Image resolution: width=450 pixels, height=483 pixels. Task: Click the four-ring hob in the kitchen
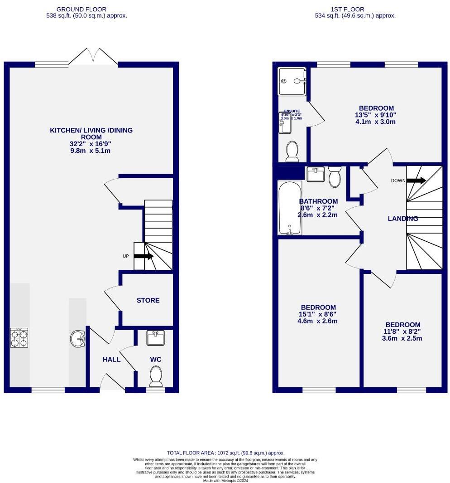click(x=19, y=337)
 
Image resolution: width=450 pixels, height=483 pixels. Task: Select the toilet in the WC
click(x=156, y=376)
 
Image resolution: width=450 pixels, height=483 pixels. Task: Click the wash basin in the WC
click(x=156, y=338)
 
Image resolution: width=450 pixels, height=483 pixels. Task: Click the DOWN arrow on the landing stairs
click(x=416, y=181)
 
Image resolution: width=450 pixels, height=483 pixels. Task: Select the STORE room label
click(x=148, y=300)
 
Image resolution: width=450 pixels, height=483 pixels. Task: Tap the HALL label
click(x=111, y=360)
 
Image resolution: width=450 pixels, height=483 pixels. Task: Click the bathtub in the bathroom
click(x=289, y=208)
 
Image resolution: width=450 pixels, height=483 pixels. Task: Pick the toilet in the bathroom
click(x=335, y=177)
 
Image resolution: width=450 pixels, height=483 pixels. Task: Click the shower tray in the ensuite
click(x=292, y=82)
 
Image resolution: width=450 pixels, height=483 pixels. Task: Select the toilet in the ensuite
click(x=292, y=151)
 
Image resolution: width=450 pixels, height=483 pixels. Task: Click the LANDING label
click(x=403, y=219)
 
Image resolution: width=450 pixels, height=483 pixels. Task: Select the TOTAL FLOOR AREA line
click(x=225, y=453)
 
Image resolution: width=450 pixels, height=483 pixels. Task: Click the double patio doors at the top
click(x=94, y=57)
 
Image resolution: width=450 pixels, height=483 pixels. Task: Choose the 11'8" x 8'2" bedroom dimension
click(x=403, y=332)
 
